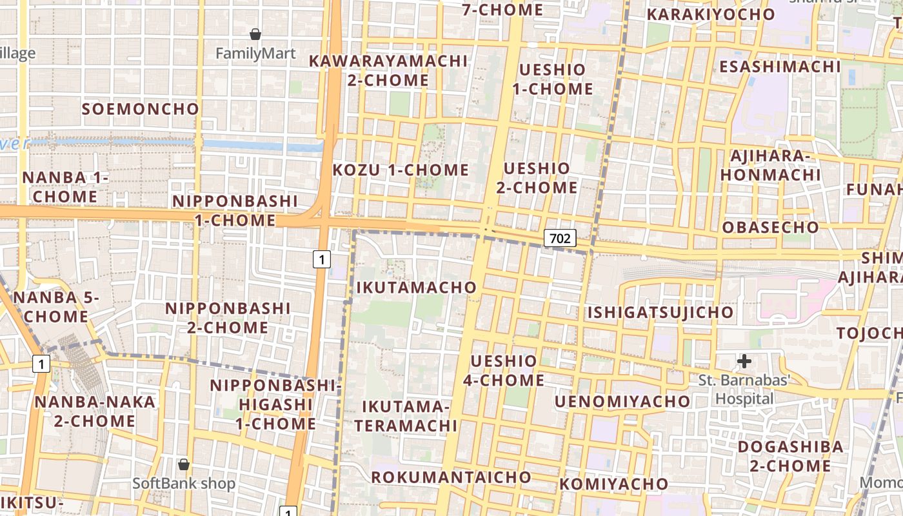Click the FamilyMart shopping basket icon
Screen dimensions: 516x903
255,34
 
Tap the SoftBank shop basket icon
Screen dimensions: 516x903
184,464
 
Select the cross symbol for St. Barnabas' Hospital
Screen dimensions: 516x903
744,361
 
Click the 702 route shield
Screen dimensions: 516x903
559,238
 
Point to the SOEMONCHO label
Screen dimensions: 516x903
140,108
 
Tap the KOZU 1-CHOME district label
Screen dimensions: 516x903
401,170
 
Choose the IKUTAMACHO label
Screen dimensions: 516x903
417,287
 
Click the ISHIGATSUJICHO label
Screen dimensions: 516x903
660,313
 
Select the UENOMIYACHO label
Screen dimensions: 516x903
622,401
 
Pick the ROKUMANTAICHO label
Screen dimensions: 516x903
451,477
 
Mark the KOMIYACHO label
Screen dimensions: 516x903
614,484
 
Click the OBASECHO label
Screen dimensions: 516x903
770,227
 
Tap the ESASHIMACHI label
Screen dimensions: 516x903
780,66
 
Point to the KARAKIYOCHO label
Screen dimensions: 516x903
711,14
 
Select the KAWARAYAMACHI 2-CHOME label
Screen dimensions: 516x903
388,70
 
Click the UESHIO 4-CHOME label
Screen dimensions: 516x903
504,370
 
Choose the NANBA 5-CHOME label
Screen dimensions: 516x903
56,307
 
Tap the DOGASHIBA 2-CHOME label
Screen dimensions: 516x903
790,455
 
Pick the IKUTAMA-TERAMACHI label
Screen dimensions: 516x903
406,416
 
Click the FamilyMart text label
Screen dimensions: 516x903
255,54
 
